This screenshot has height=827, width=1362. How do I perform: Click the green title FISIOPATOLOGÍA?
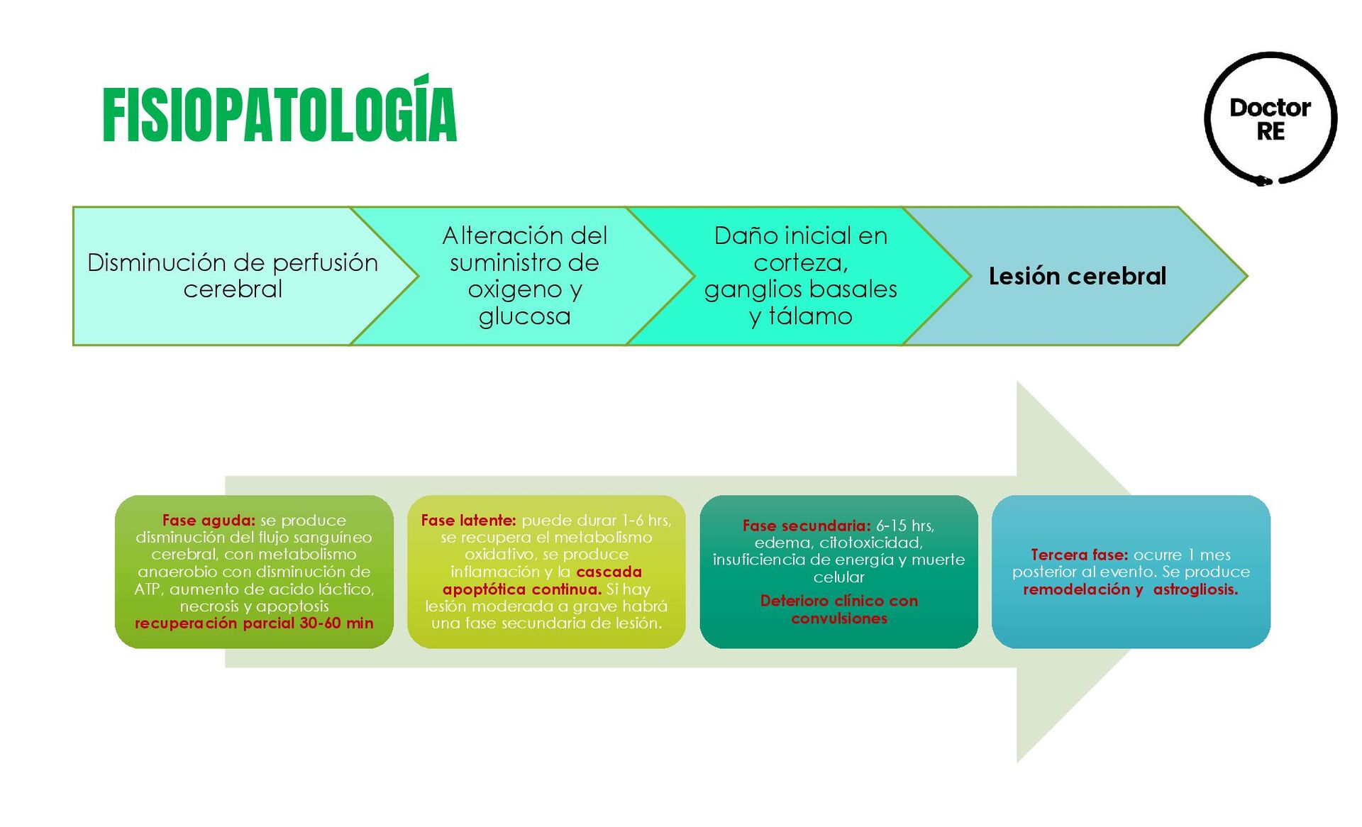click(279, 115)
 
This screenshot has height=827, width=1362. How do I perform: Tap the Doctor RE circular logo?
click(1270, 118)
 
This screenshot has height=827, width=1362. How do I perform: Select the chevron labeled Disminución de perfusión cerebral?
click(233, 276)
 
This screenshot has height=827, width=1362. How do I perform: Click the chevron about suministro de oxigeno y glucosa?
click(524, 276)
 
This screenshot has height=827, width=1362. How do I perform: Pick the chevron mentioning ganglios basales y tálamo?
click(800, 276)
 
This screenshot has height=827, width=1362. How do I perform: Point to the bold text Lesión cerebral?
click(1077, 276)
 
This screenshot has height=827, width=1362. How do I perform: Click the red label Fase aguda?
click(209, 521)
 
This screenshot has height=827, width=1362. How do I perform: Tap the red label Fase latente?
click(468, 521)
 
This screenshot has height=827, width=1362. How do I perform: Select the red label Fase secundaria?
click(806, 526)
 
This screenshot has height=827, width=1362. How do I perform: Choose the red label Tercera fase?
click(1079, 555)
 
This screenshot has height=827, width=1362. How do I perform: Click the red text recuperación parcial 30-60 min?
click(254, 623)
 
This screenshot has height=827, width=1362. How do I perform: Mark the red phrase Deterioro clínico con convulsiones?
click(838, 609)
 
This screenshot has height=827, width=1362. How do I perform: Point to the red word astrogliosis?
click(1195, 589)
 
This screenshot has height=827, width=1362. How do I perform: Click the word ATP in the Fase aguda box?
click(148, 589)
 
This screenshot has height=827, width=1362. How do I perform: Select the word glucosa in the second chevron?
click(524, 316)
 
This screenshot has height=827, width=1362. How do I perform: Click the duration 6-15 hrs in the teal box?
click(904, 526)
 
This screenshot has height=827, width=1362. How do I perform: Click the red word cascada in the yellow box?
click(609, 572)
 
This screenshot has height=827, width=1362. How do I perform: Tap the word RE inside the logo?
click(1270, 132)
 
